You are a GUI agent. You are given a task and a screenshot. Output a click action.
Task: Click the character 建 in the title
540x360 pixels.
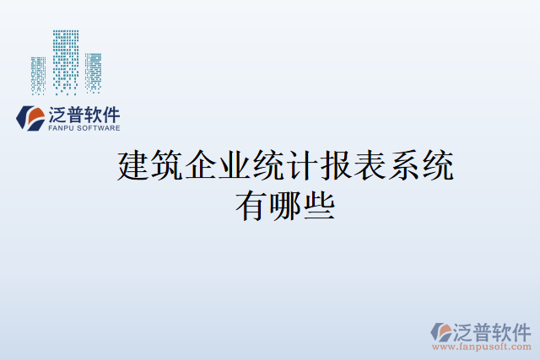[x=135, y=166]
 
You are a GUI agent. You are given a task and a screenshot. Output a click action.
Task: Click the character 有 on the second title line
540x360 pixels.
[x=249, y=205]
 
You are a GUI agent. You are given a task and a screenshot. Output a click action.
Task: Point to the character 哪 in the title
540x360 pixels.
[x=286, y=205]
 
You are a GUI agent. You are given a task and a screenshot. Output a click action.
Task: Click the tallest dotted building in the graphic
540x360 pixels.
[x=67, y=59]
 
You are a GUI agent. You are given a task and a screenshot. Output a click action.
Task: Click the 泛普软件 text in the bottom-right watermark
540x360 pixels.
[x=491, y=330]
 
